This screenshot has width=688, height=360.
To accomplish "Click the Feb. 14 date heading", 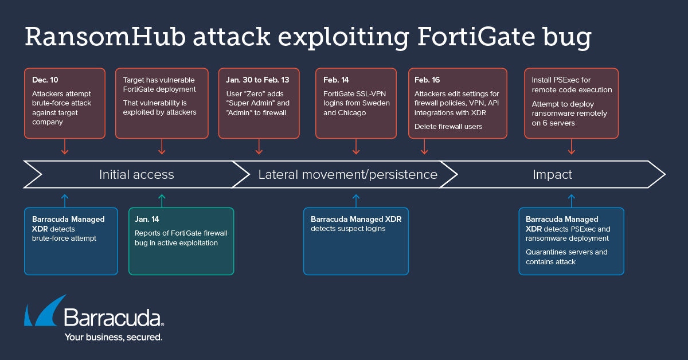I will pyautogui.click(x=337, y=80).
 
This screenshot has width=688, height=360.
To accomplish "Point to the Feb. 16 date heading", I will pyautogui.click(x=428, y=80).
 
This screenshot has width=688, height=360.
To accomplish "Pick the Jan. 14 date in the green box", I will pyautogui.click(x=147, y=219).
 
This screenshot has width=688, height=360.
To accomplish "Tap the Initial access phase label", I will pyautogui.click(x=136, y=174).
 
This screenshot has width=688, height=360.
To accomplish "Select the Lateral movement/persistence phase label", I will pyautogui.click(x=347, y=174).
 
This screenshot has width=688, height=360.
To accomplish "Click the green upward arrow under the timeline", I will pyautogui.click(x=162, y=201).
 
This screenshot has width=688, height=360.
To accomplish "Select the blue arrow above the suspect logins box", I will pyautogui.click(x=356, y=201).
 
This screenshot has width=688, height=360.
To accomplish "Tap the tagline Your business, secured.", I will pyautogui.click(x=114, y=337).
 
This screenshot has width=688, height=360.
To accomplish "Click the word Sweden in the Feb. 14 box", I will pyautogui.click(x=374, y=103).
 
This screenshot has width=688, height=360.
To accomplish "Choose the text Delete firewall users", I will pyautogui.click(x=449, y=127).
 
